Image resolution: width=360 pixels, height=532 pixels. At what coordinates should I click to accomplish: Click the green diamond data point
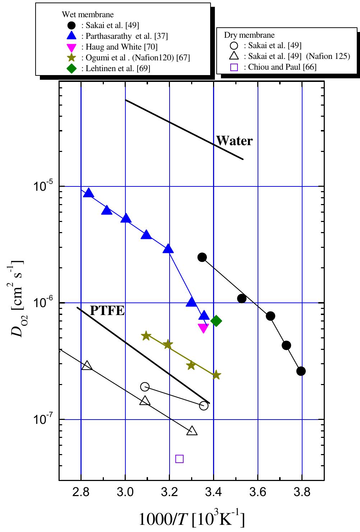[x=216, y=321]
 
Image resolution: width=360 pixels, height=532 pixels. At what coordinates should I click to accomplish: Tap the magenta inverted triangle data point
[x=203, y=328]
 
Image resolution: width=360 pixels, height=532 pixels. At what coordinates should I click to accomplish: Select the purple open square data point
[x=179, y=459]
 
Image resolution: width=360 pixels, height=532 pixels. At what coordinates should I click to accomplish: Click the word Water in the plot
[x=234, y=141]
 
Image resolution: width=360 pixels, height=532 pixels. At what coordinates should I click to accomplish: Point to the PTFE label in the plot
[x=107, y=311]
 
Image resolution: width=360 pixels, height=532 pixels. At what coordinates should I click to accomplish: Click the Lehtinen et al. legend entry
[x=118, y=68]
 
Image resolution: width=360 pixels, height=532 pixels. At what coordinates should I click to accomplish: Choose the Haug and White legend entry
[x=121, y=47]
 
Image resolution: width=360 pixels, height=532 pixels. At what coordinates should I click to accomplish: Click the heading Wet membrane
[x=88, y=14]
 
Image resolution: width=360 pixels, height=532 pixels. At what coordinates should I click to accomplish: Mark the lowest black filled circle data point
[x=301, y=371]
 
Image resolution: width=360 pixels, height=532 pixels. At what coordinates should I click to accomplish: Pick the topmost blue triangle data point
[x=88, y=193]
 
